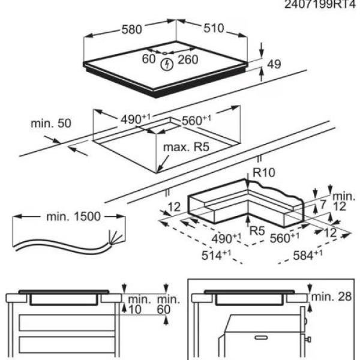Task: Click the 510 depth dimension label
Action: pos(212,28)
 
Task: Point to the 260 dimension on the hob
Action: pos(187,59)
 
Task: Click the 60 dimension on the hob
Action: pos(149,58)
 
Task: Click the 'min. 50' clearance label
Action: pos(51,124)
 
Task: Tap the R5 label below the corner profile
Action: pos(257,230)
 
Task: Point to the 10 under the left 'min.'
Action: pos(136,310)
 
